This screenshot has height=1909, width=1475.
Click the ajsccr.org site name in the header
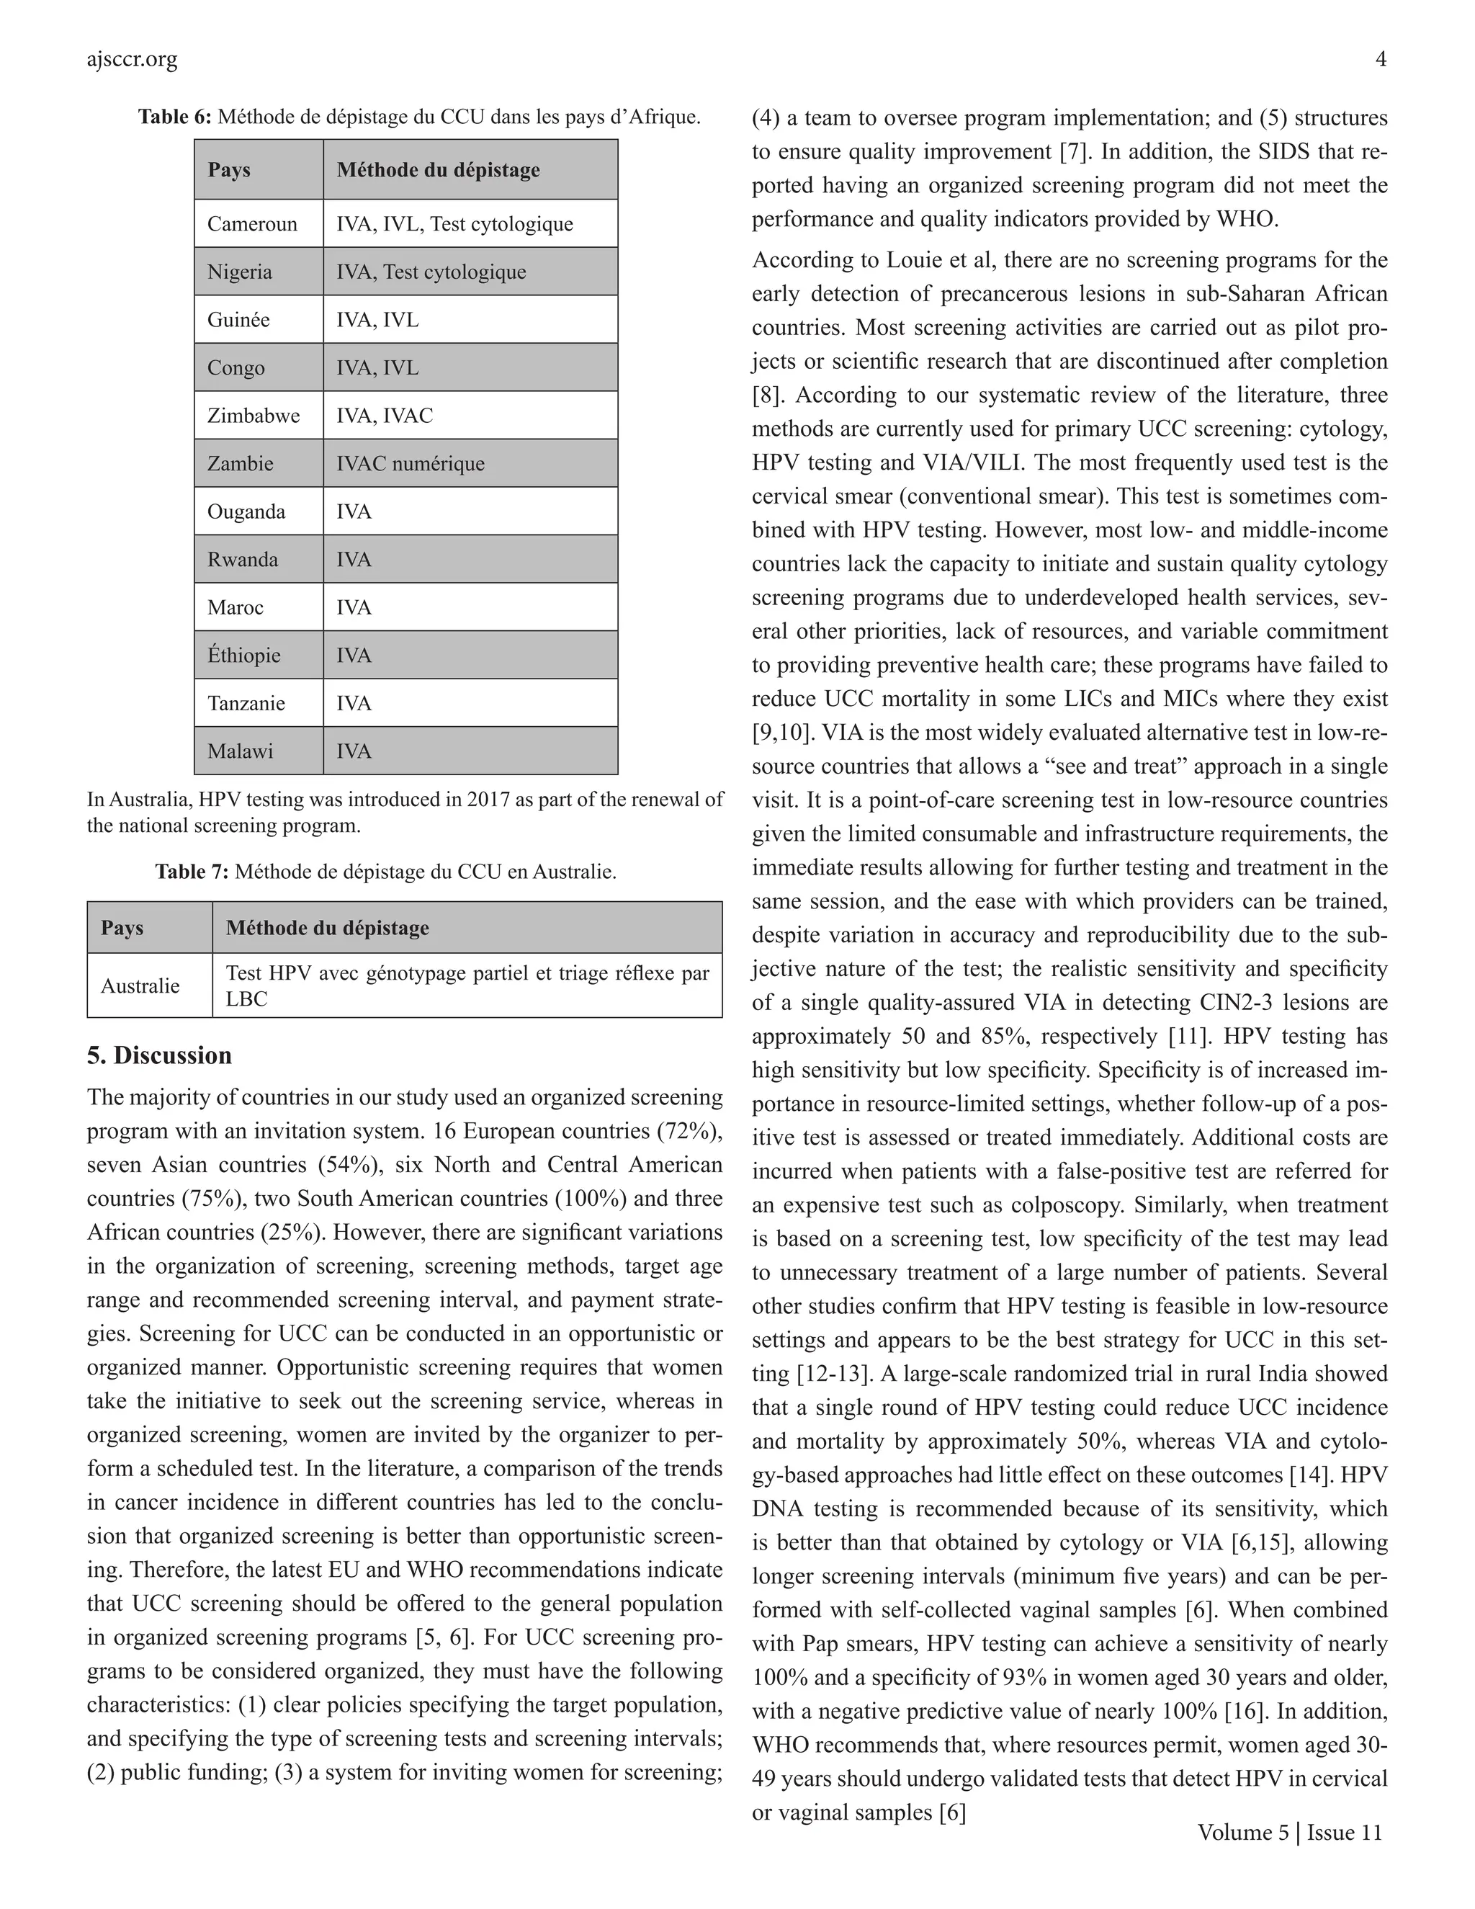pos(132,60)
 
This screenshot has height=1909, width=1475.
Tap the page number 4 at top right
pos(1381,60)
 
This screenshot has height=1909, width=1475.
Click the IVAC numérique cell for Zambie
pos(410,463)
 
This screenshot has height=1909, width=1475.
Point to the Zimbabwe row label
pos(253,415)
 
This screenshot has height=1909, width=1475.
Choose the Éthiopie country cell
pos(244,656)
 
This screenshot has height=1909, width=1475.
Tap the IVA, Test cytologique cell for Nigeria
pos(431,272)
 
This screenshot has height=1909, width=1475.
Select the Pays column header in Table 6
pos(229,169)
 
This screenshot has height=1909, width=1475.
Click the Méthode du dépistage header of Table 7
pos(328,927)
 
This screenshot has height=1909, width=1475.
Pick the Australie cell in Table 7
pos(140,986)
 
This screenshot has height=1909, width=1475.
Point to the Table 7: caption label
pos(192,872)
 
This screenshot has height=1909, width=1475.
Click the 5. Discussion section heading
pos(159,1055)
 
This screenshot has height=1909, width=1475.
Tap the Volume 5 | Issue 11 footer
pos(1290,1832)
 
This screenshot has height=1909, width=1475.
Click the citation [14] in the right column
pos(1311,1475)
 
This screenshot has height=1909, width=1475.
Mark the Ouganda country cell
pos(246,511)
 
